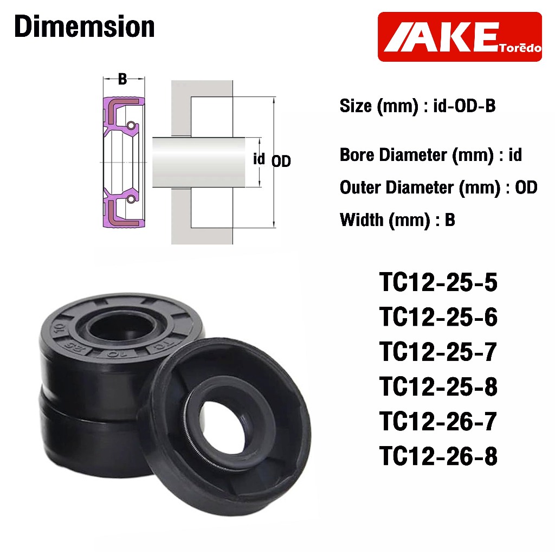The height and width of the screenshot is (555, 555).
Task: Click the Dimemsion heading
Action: coord(84,27)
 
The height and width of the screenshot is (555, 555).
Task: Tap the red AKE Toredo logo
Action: coord(460,37)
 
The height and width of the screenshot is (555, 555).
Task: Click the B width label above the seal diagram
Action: coord(122,79)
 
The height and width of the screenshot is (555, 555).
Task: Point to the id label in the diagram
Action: coord(259,159)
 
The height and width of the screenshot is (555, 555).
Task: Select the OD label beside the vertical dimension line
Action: coord(281,161)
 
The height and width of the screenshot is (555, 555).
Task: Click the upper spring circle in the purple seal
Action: coord(131,125)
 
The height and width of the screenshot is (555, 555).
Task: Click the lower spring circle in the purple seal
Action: coord(131,199)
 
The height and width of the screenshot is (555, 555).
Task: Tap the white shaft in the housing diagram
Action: coord(198,162)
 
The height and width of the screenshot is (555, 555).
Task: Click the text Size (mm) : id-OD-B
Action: coord(418,106)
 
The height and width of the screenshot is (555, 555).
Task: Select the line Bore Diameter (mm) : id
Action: coord(431,155)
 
